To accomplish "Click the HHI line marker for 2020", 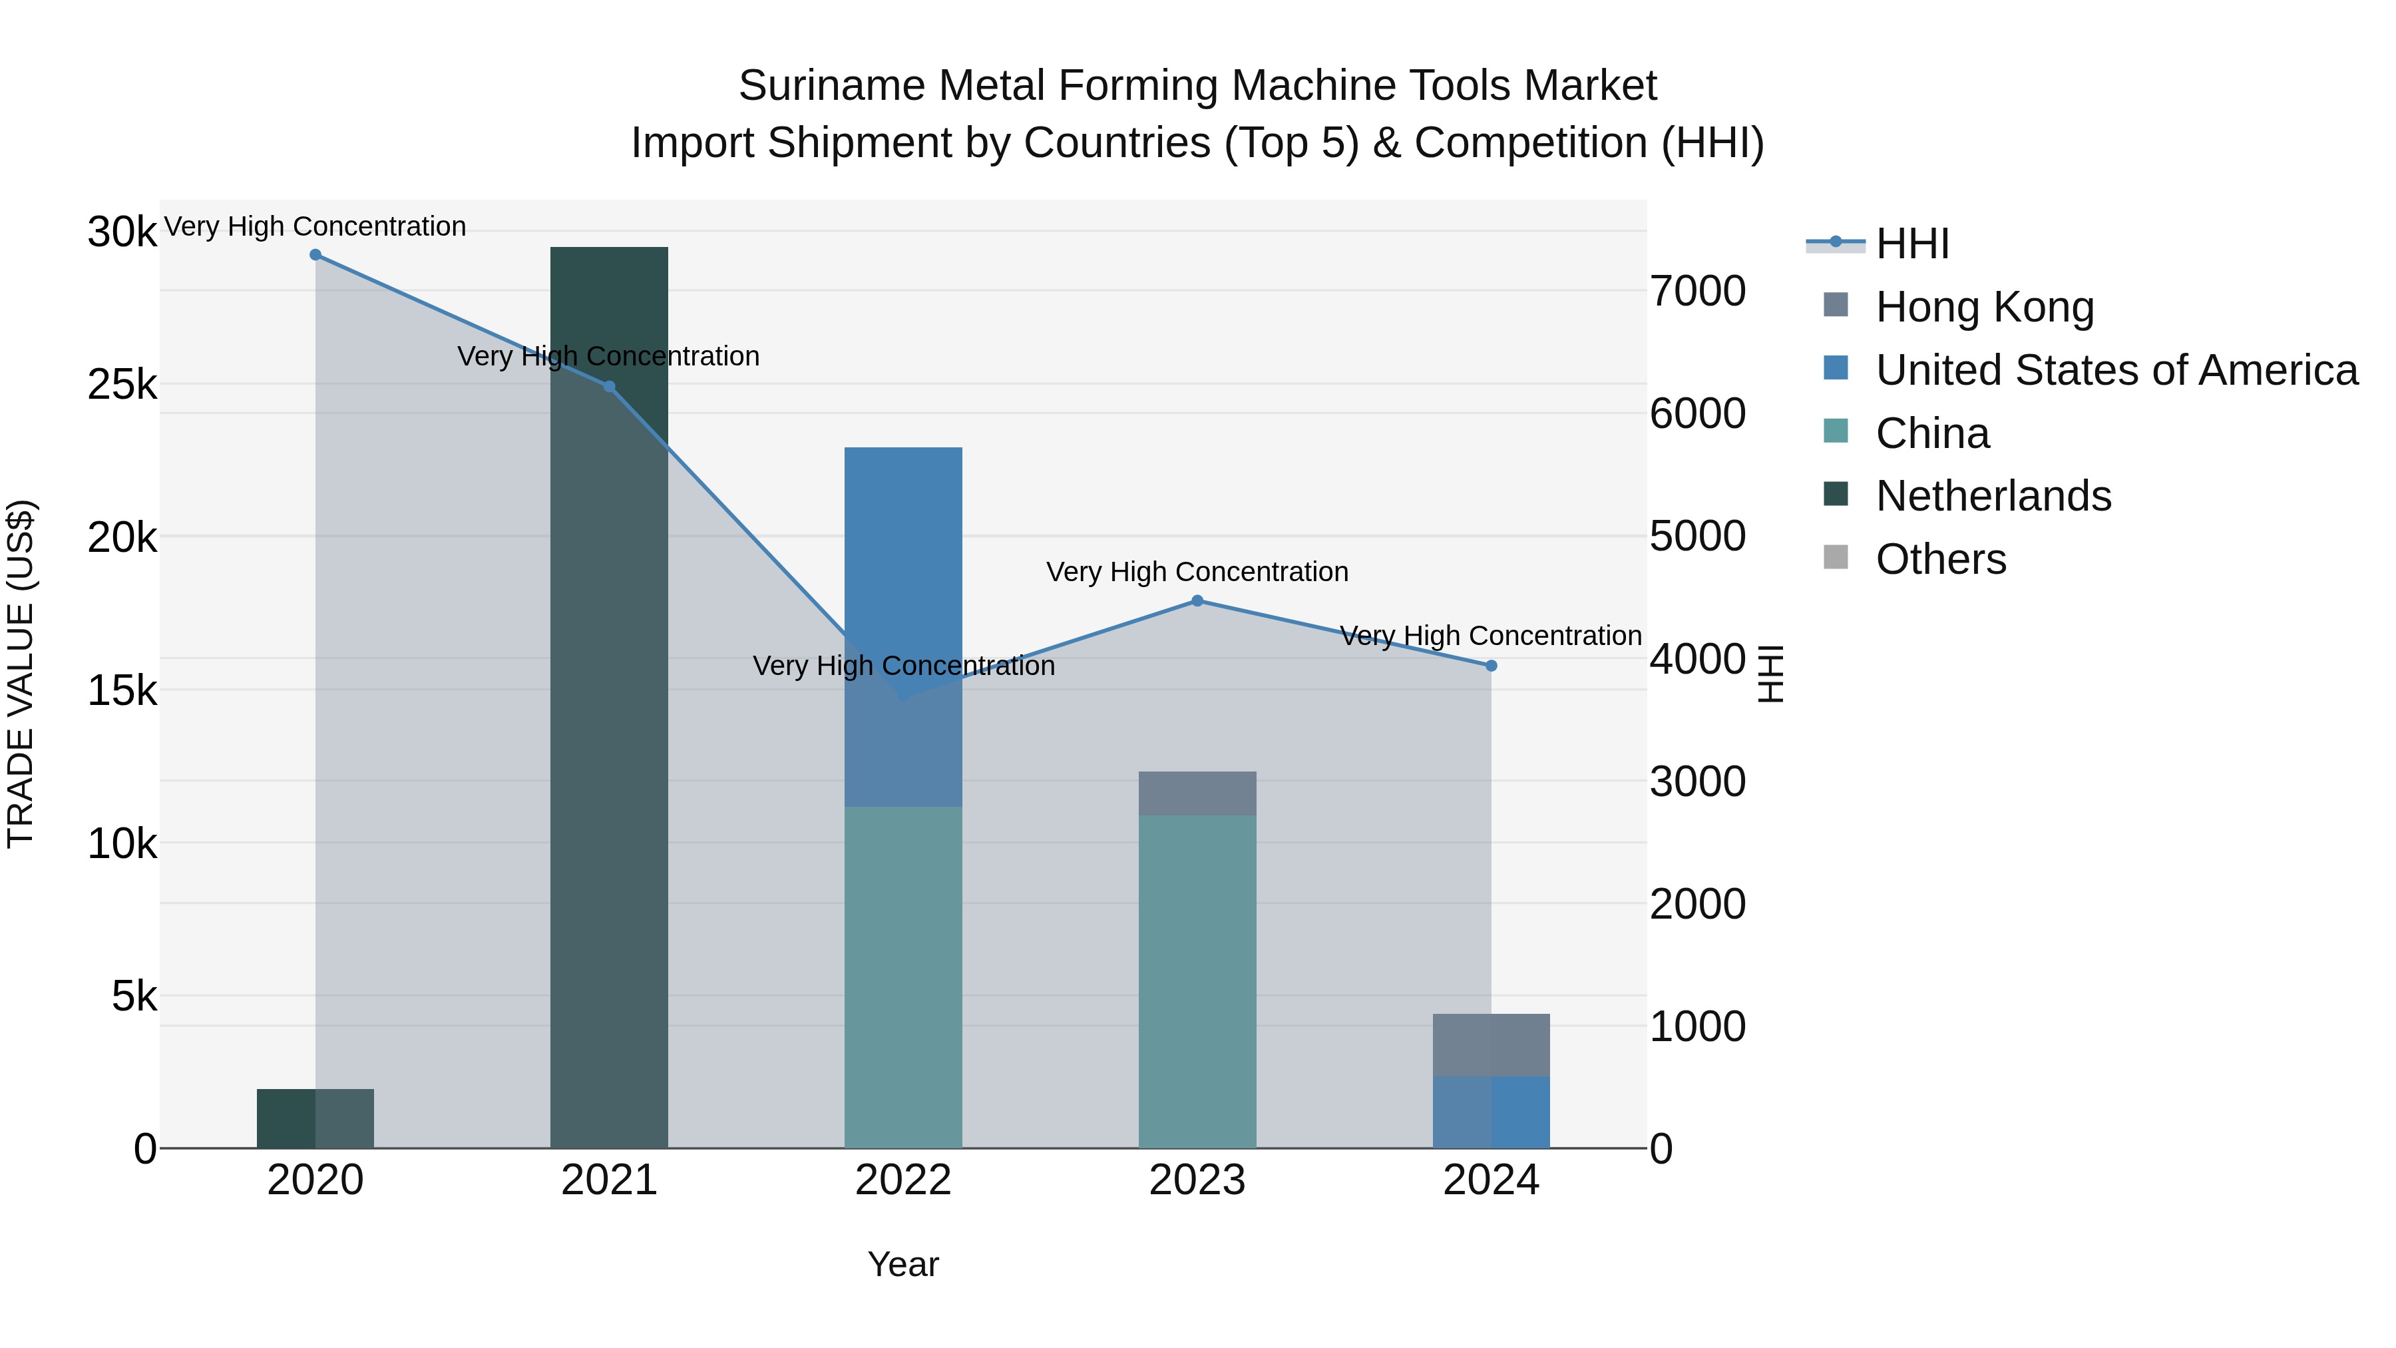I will pyautogui.click(x=315, y=255).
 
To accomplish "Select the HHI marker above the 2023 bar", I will pyautogui.click(x=1197, y=601).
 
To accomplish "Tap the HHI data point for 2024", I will pyautogui.click(x=1491, y=666).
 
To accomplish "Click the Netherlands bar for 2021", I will pyautogui.click(x=609, y=698).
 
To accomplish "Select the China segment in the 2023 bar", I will pyautogui.click(x=1197, y=981).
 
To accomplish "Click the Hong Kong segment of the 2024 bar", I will pyautogui.click(x=1491, y=1044).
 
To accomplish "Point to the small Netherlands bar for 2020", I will pyautogui.click(x=315, y=1118).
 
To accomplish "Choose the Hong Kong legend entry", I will pyautogui.click(x=1984, y=307).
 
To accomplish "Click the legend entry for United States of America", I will pyautogui.click(x=2116, y=370).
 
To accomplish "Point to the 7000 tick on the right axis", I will pyautogui.click(x=1697, y=291).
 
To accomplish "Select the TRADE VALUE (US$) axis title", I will pyautogui.click(x=21, y=674).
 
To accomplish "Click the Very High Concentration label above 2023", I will pyautogui.click(x=1197, y=572).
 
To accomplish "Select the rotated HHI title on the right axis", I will pyautogui.click(x=1770, y=674).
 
